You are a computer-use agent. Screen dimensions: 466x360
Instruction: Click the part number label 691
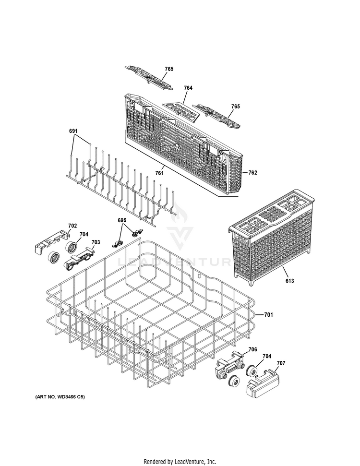[x=74, y=131]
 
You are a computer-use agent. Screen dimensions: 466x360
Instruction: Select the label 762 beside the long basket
[x=252, y=172]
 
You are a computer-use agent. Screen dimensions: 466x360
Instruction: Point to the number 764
[x=188, y=88]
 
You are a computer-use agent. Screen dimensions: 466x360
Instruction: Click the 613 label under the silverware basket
[x=289, y=281]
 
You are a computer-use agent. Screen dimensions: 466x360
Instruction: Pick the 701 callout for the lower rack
[x=269, y=315]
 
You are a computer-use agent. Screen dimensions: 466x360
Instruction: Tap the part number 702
[x=72, y=226]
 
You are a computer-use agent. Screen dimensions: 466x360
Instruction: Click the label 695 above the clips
[x=122, y=220]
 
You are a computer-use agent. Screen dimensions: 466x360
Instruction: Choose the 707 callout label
[x=281, y=363]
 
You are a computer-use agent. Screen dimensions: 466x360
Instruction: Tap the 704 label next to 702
[x=84, y=234]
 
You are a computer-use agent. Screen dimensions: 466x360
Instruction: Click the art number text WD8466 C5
[x=62, y=398]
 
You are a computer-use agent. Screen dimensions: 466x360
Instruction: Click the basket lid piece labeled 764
[x=180, y=112]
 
